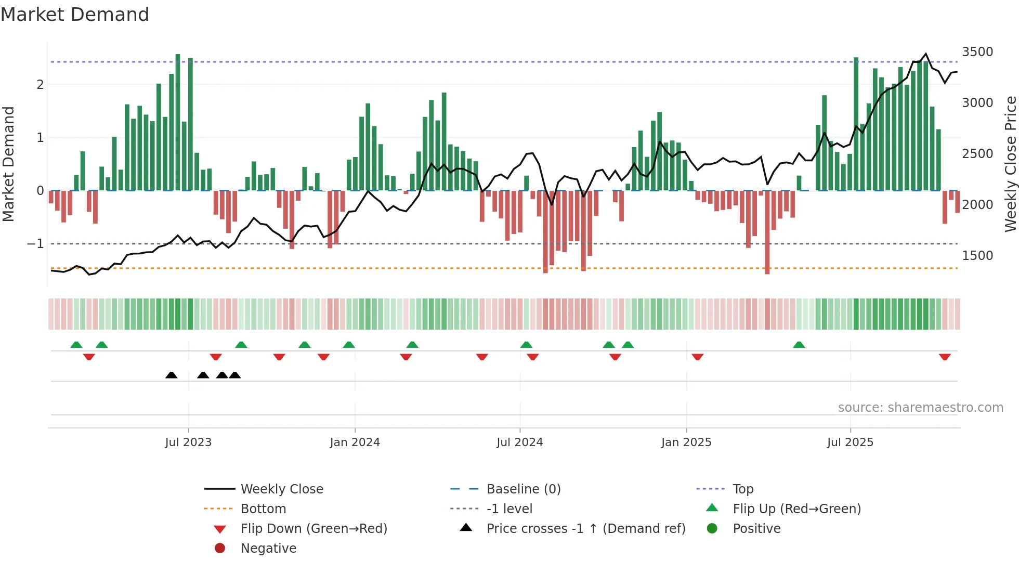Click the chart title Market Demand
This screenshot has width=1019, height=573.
tap(75, 15)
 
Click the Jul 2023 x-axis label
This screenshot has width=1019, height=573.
tap(188, 442)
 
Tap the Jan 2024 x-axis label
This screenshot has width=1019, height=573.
tap(355, 442)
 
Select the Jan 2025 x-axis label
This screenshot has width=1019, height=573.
tap(686, 442)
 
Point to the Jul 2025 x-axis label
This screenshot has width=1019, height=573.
tap(850, 442)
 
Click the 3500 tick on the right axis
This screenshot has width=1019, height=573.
tap(977, 52)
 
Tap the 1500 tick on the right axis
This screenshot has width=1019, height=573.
tap(977, 256)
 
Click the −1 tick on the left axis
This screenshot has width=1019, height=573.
tap(35, 243)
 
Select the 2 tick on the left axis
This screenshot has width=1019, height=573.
tap(40, 84)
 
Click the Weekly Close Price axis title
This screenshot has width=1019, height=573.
tap(1010, 164)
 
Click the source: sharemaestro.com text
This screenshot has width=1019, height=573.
tap(920, 408)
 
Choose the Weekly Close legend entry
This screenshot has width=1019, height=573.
tap(281, 489)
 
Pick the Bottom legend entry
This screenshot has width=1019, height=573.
tap(263, 509)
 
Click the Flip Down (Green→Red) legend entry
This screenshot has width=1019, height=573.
tap(313, 529)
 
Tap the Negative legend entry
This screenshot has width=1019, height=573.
tap(268, 549)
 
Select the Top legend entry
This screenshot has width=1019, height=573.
tap(742, 489)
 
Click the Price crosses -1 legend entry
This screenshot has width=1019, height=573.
tap(585, 529)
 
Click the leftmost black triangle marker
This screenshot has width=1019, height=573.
tap(171, 375)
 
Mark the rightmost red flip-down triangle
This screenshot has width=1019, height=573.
tap(945, 357)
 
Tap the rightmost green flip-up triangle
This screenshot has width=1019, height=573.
tap(799, 345)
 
